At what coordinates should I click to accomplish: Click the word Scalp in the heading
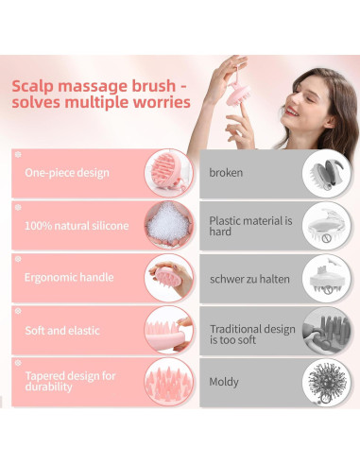[x=34, y=86]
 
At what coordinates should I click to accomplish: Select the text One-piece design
[x=66, y=173]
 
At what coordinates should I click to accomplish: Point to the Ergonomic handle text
[x=69, y=278]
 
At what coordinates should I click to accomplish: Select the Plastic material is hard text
[x=246, y=227]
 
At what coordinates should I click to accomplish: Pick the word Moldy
[x=225, y=382]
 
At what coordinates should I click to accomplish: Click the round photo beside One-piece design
[x=169, y=173]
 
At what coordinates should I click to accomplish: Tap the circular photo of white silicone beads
[x=169, y=227]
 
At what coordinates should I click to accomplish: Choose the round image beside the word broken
[x=325, y=174]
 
